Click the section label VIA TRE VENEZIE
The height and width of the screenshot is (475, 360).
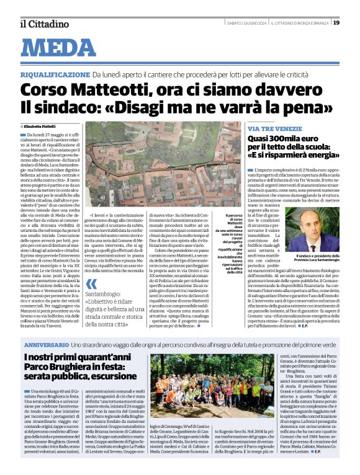pyautogui.click(x=270, y=127)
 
